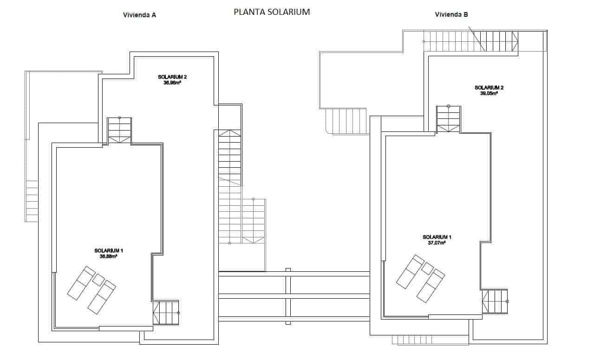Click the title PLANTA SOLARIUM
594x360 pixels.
click(x=272, y=13)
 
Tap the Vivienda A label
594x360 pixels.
click(x=139, y=15)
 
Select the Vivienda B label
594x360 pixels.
click(x=451, y=14)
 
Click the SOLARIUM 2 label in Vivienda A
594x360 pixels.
click(x=172, y=77)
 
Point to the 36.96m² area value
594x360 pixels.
click(x=172, y=83)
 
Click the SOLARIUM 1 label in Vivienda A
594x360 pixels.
click(x=108, y=250)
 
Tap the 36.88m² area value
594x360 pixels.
click(x=108, y=256)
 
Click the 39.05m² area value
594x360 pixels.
click(x=489, y=93)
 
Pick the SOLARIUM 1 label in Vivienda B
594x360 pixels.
click(x=437, y=237)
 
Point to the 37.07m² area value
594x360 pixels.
click(x=437, y=242)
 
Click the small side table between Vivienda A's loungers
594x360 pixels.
click(x=98, y=280)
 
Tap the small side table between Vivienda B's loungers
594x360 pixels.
click(x=427, y=268)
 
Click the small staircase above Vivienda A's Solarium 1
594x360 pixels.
click(x=119, y=130)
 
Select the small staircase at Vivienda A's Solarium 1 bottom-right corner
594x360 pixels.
click(x=166, y=313)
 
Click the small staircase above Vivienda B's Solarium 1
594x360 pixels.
click(x=449, y=119)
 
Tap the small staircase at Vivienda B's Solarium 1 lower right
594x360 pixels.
click(x=495, y=301)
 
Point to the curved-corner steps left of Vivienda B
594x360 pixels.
click(x=346, y=121)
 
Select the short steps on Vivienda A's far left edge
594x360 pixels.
click(x=32, y=201)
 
